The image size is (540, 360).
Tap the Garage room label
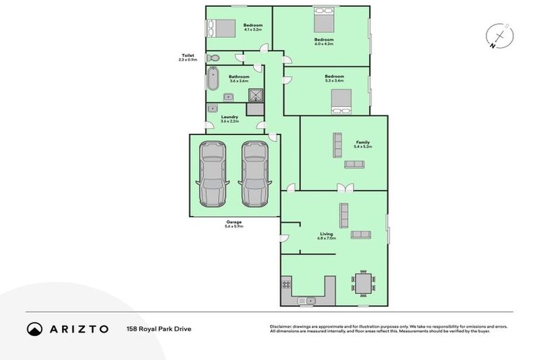[x=233, y=224]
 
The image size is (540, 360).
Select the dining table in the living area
[x=363, y=284]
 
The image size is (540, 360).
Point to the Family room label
[x=362, y=144]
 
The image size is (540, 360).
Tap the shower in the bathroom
[x=257, y=96]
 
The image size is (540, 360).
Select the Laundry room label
[x=230, y=119]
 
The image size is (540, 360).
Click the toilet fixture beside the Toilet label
[x=214, y=58]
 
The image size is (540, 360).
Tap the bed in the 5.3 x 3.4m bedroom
[x=342, y=103]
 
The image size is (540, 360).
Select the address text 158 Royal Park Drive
[x=158, y=328]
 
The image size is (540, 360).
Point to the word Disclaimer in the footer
[x=281, y=327]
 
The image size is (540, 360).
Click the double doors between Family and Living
[x=343, y=188]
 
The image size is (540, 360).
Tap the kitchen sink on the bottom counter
[x=307, y=301]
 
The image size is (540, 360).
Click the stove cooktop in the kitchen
[x=286, y=284]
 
